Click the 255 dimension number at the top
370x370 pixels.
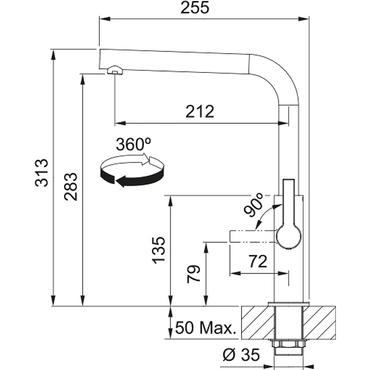tap(195, 8)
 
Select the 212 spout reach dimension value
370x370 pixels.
tap(200, 112)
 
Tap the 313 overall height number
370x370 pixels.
tap(42, 173)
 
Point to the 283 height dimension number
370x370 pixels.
tap(71, 187)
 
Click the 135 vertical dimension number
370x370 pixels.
tap(158, 250)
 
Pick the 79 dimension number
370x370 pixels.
tap(194, 274)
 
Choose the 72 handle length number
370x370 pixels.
tap(258, 261)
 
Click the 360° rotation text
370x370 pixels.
tap(134, 144)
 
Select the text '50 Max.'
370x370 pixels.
tap(206, 328)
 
